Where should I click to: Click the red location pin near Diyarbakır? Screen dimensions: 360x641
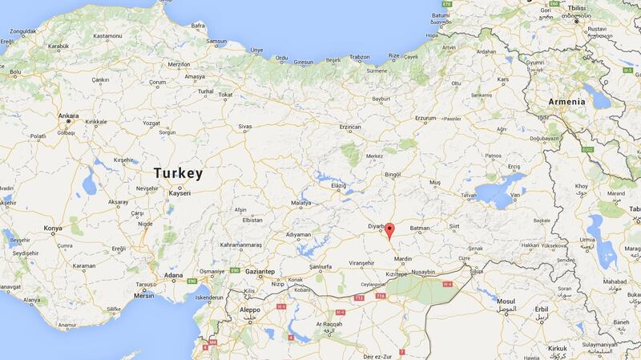[x=389, y=233]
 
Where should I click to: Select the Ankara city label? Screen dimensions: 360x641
[x=69, y=115]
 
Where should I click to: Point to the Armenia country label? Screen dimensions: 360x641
[x=566, y=102]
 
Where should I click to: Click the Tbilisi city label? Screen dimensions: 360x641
[x=577, y=11]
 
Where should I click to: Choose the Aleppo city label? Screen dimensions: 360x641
[x=250, y=309]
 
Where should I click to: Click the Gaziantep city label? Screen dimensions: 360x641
[x=259, y=272]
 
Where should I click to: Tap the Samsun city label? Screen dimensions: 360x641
[x=217, y=41]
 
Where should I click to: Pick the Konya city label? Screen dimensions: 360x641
[x=53, y=229]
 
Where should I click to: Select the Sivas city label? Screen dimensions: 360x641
[x=244, y=127]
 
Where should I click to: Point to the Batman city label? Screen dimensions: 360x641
[x=420, y=228]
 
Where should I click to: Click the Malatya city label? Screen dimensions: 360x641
[x=300, y=204]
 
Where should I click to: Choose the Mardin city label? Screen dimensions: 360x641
[x=403, y=259]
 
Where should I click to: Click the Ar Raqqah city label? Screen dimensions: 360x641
[x=329, y=325]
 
